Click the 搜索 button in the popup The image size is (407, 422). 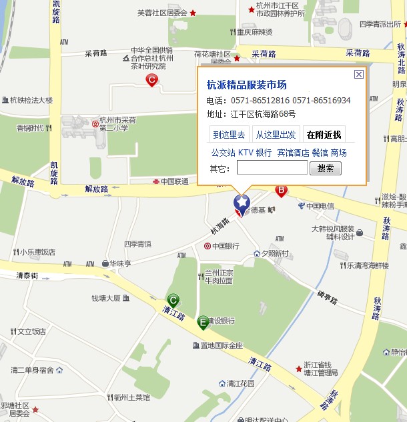coord(326,168)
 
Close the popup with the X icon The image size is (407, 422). coord(358,75)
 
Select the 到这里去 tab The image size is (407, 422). coord(229,134)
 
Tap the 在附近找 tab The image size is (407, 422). coord(324,134)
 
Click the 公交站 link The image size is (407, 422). coord(223,153)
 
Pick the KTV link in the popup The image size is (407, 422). coord(246,153)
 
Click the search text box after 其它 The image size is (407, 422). coord(272,168)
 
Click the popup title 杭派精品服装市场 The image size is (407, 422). coord(246,85)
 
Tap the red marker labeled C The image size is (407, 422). coord(151,81)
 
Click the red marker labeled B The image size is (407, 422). coord(282,191)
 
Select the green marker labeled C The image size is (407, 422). coord(173,300)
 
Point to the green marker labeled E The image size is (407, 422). coord(203,323)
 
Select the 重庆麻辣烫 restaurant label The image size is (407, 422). coord(255,31)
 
